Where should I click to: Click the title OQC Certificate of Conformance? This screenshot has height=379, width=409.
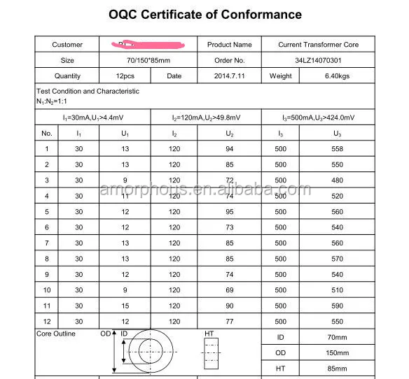point(205,14)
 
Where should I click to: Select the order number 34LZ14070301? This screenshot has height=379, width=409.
point(318,60)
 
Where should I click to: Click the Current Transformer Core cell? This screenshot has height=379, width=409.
point(318,45)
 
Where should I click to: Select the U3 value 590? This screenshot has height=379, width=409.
point(337,306)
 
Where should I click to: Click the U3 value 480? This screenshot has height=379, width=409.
point(337,180)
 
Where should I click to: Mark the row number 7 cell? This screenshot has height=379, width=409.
point(47,243)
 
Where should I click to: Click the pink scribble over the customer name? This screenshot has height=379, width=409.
point(147,45)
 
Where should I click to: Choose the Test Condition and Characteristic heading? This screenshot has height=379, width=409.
point(88,91)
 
